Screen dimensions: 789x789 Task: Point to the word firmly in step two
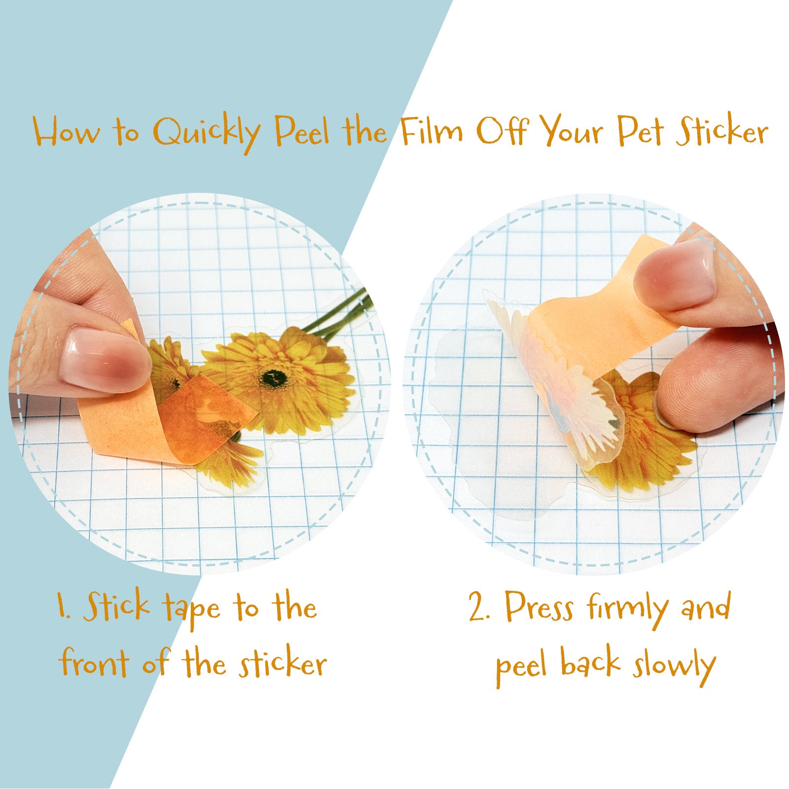(x=627, y=610)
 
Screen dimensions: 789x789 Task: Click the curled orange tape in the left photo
(x=168, y=419)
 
